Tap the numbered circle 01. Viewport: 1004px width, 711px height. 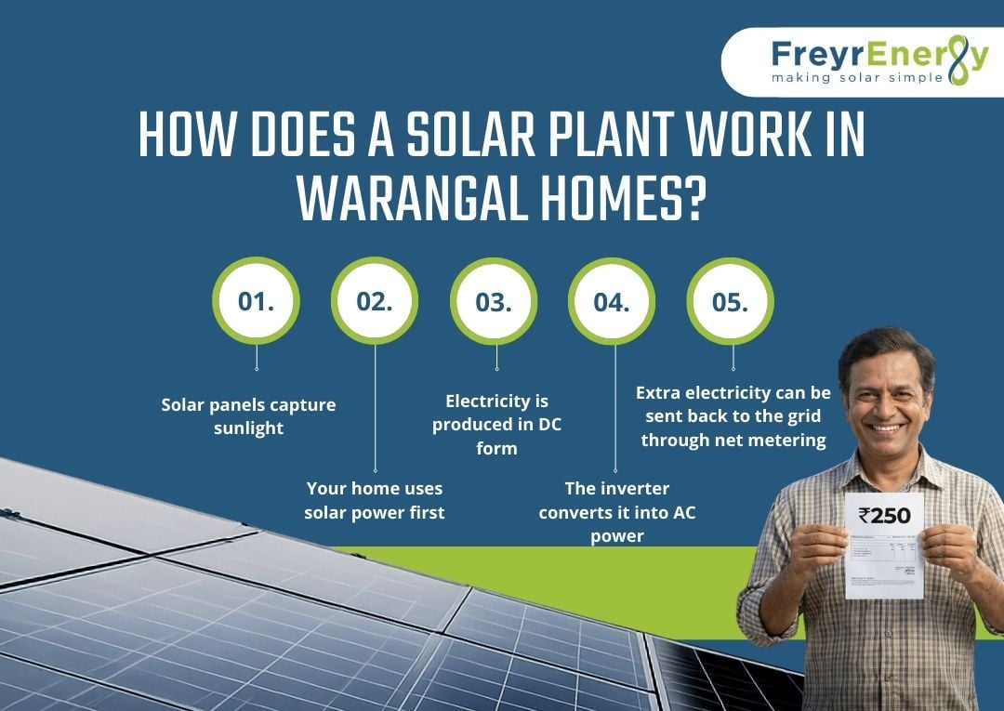pyautogui.click(x=256, y=301)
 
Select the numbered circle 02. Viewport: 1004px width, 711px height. pyautogui.click(x=375, y=301)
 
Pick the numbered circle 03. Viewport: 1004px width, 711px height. pyautogui.click(x=494, y=301)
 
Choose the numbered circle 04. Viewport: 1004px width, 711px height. pyautogui.click(x=613, y=301)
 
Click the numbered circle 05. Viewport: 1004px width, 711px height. pyautogui.click(x=731, y=301)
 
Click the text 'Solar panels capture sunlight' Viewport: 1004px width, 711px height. pyautogui.click(x=248, y=415)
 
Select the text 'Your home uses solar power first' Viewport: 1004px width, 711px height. pyautogui.click(x=375, y=500)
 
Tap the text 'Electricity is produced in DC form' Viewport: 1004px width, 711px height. pyautogui.click(x=496, y=424)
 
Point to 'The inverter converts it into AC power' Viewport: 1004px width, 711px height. pyautogui.click(x=616, y=512)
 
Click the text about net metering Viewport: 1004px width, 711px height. pyautogui.click(x=733, y=416)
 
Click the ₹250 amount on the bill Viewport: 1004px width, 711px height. pyautogui.click(x=884, y=515)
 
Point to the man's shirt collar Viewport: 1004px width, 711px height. pyautogui.click(x=869, y=469)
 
